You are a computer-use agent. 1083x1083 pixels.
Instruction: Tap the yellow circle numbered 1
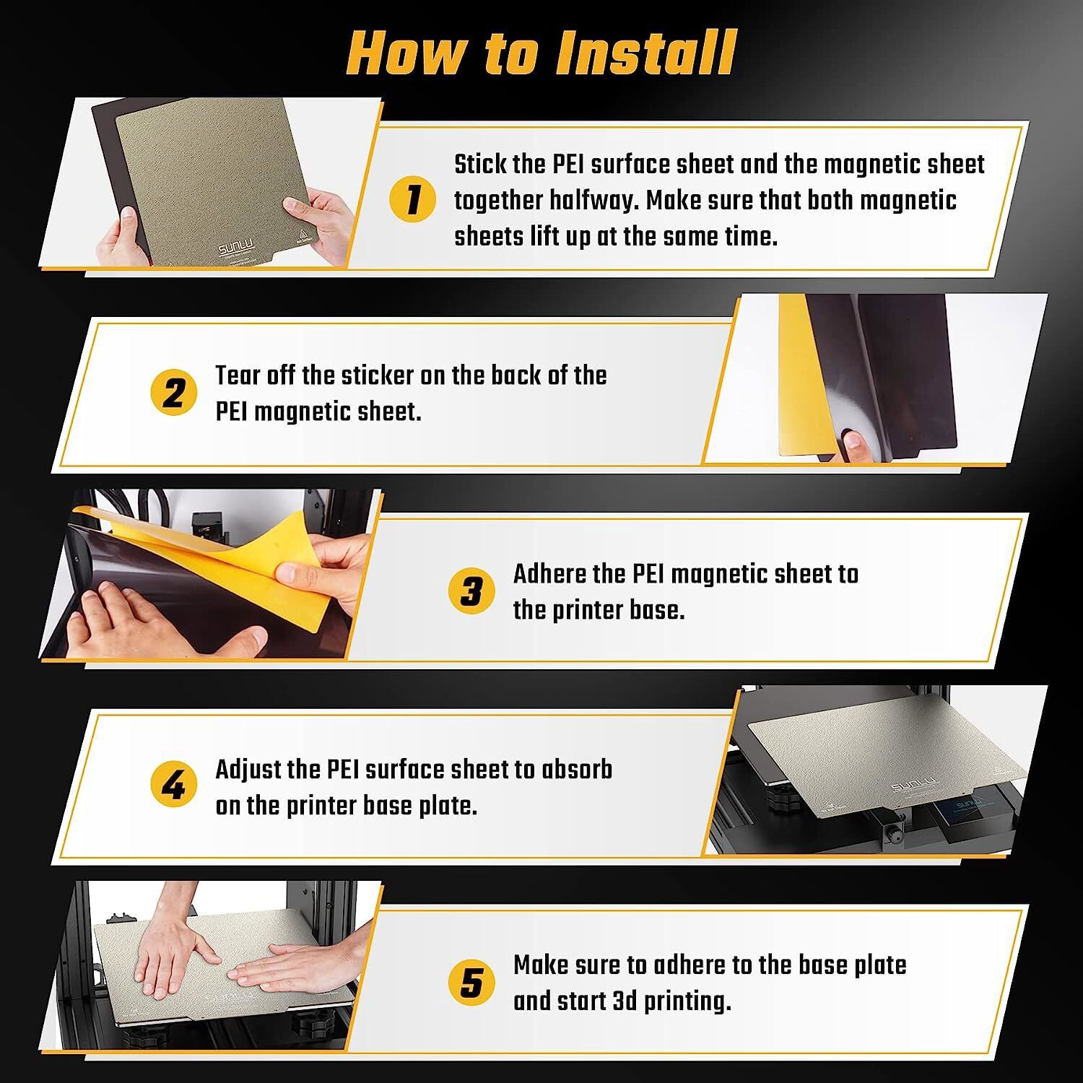412,200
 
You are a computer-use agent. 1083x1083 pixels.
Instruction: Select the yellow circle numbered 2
173,393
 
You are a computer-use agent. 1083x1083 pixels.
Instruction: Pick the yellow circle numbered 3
471,591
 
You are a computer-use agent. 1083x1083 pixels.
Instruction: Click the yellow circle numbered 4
173,786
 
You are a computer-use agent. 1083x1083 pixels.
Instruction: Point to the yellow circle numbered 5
471,983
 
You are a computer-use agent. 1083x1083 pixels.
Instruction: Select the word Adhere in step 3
549,574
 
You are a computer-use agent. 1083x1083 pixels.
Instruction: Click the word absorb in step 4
578,769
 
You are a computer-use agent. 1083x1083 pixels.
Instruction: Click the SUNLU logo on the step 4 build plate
915,784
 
